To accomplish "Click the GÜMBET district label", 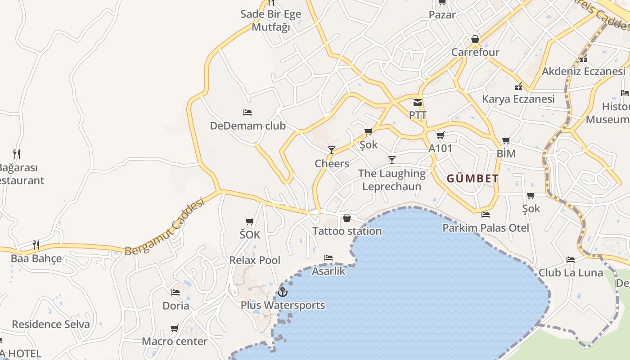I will click(472, 179).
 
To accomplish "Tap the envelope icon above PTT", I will click(418, 103).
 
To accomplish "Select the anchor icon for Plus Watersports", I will click(282, 292).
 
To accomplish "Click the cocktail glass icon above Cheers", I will click(332, 150).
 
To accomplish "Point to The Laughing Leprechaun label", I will click(391, 180).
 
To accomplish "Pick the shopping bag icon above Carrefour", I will click(475, 40).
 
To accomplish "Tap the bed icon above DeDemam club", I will click(247, 112).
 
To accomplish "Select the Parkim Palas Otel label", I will click(486, 228).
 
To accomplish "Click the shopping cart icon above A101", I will click(440, 135).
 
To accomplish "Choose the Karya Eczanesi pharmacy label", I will click(518, 99).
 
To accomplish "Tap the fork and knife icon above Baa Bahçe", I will click(36, 245).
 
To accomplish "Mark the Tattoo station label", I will click(347, 231).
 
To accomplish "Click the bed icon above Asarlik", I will click(328, 258).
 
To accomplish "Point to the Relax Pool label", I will click(255, 260).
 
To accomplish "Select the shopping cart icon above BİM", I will click(506, 141).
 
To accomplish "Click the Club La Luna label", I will click(571, 273).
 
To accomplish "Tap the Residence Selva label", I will click(51, 324).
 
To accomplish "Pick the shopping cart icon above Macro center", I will click(175, 328).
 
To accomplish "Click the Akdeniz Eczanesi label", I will click(583, 71).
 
